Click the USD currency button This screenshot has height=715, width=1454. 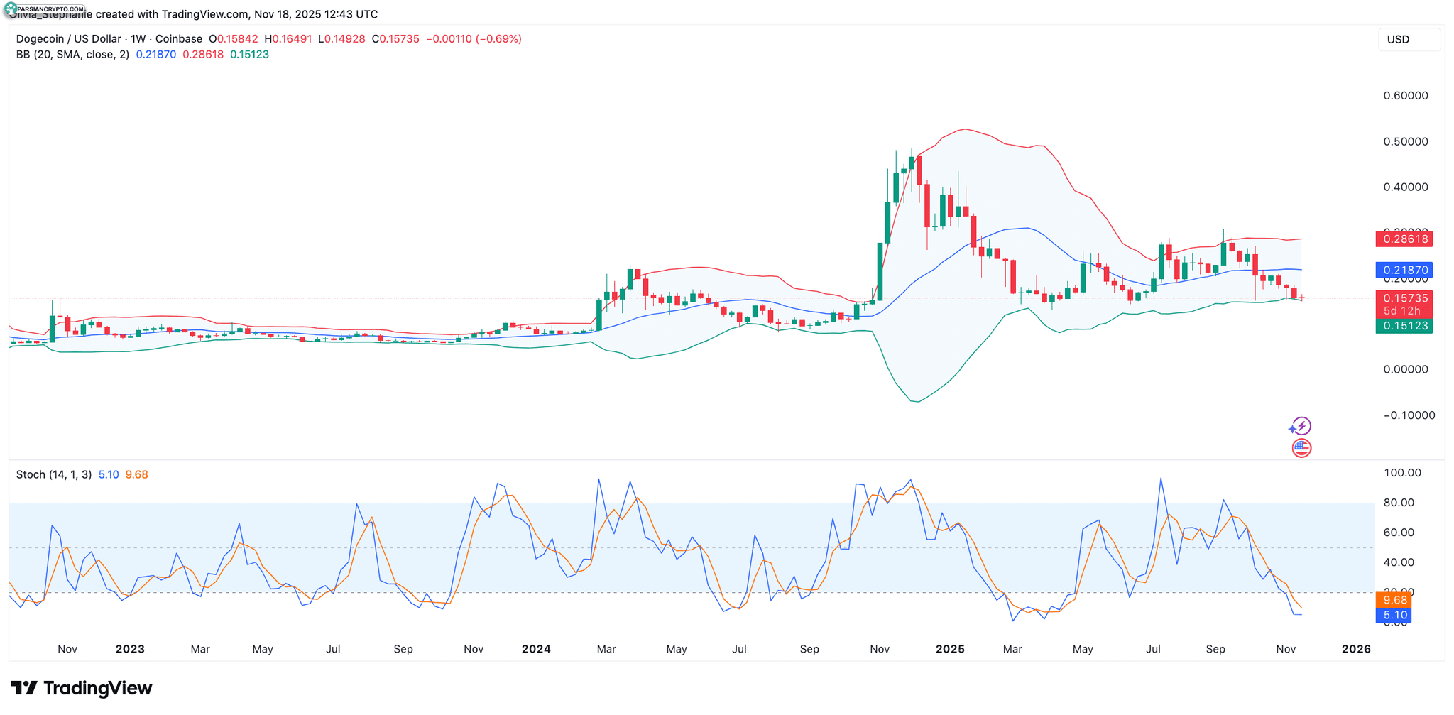tap(1408, 40)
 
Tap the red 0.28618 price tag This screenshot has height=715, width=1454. tap(1404, 239)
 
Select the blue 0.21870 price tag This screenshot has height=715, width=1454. tap(1404, 270)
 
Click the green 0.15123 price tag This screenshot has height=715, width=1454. tap(1404, 326)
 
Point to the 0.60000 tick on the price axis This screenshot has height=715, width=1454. tap(1405, 96)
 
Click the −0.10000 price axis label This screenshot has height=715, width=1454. tap(1409, 415)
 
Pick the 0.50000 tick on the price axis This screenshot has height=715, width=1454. tap(1405, 142)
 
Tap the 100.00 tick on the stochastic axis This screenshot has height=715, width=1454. tap(1403, 473)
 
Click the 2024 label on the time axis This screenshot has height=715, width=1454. tap(536, 649)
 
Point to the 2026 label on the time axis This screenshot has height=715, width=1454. tap(1356, 649)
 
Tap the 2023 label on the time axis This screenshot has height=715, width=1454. tap(130, 649)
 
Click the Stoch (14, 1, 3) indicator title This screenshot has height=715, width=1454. tap(54, 474)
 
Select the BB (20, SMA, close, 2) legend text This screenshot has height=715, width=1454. tap(72, 55)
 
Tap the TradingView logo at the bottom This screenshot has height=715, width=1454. tap(82, 688)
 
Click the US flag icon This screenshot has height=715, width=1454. tap(1301, 448)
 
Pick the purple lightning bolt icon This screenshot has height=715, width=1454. tap(1301, 426)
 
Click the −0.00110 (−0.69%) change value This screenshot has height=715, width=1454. tap(474, 39)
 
